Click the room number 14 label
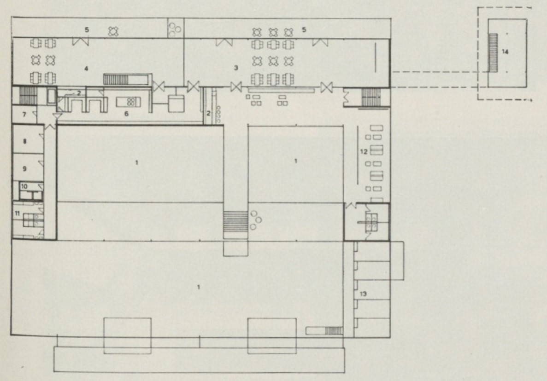pyautogui.click(x=505, y=52)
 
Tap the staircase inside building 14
pyautogui.click(x=493, y=52)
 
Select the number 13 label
pyautogui.click(x=363, y=294)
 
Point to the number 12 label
pyautogui.click(x=364, y=152)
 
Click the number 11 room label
pyautogui.click(x=17, y=213)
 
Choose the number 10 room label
pyautogui.click(x=24, y=186)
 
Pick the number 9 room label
pyautogui.click(x=24, y=169)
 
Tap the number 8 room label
pyautogui.click(x=24, y=141)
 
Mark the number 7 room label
pyautogui.click(x=24, y=114)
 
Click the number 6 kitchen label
pyautogui.click(x=126, y=114)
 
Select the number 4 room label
pyautogui.click(x=86, y=69)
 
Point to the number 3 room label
pyautogui.click(x=236, y=68)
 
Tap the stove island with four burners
pyautogui.click(x=129, y=102)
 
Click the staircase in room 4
pyautogui.click(x=116, y=79)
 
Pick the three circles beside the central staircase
pyautogui.click(x=255, y=220)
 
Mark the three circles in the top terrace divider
pyautogui.click(x=174, y=29)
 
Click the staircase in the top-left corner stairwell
pyautogui.click(x=28, y=95)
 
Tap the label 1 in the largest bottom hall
pyautogui.click(x=199, y=287)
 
